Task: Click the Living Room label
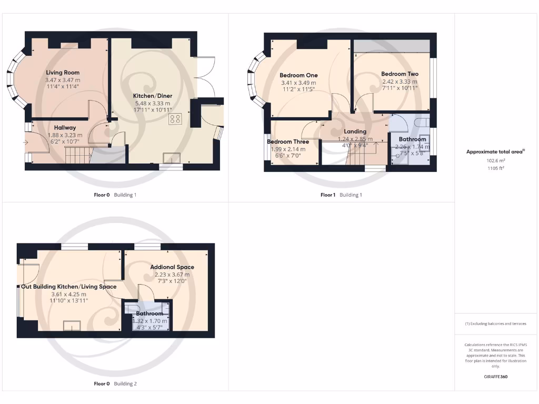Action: tap(62, 73)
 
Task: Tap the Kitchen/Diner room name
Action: tap(153, 96)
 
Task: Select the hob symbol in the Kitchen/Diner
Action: tap(175, 119)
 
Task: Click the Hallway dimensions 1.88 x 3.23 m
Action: tap(64, 135)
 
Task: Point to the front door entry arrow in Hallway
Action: tap(26, 142)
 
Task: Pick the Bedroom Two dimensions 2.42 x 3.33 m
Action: tap(400, 82)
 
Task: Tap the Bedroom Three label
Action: tap(288, 142)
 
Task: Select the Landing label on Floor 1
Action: tap(355, 132)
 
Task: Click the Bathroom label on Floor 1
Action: tap(412, 139)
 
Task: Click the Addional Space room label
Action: tap(172, 267)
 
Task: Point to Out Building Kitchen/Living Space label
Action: tap(68, 287)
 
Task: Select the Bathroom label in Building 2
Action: tap(149, 314)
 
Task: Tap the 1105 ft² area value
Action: tap(495, 169)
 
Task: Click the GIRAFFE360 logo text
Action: tap(495, 377)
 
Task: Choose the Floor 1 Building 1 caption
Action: tap(341, 195)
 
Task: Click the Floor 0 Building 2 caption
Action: tap(115, 384)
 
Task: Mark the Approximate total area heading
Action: tap(495, 151)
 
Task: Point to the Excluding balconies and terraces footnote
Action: tap(495, 324)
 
